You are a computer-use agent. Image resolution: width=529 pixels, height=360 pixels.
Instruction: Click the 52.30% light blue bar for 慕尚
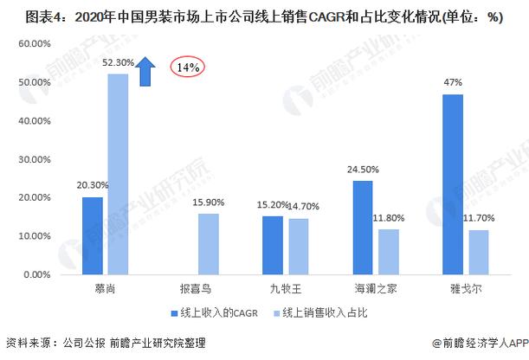click(118, 174)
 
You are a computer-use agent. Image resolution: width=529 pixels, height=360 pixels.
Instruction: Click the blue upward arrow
click(145, 71)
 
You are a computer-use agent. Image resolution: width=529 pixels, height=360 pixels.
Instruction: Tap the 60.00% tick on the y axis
click(34, 43)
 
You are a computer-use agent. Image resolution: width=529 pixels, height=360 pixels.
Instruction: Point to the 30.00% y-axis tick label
click(34, 159)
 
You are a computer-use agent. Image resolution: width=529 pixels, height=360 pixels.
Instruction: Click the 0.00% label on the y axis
click(35, 274)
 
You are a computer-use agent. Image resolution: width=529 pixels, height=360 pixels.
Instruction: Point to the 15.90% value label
click(209, 202)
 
